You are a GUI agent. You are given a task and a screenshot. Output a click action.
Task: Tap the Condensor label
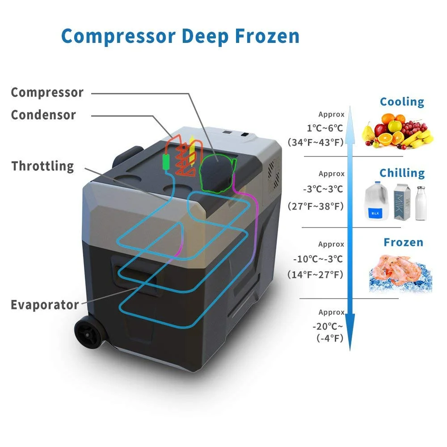43,115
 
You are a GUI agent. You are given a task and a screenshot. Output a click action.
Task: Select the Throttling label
42,166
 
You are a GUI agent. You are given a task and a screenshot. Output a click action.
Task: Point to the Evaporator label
45,305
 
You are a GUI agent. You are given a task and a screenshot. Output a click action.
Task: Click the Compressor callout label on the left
47,93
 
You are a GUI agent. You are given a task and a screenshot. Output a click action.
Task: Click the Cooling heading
401,102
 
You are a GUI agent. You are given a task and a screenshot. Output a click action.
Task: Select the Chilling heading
402,173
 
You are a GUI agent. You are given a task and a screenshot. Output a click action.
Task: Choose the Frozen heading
403,243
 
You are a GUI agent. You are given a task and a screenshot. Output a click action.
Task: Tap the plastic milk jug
376,202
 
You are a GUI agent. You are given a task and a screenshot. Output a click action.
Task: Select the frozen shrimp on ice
400,272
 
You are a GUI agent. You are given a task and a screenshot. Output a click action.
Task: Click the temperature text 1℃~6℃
325,128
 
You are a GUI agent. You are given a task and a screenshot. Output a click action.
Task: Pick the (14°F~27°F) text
315,274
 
